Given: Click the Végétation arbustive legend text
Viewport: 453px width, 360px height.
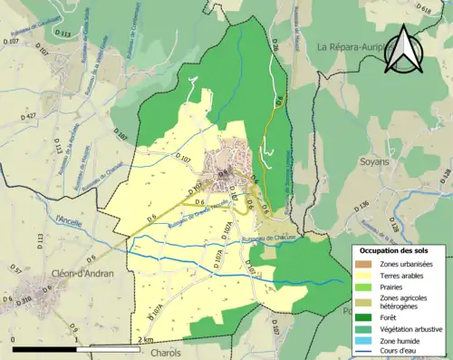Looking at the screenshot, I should (x=411, y=330).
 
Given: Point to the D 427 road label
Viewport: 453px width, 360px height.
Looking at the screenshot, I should (x=29, y=117).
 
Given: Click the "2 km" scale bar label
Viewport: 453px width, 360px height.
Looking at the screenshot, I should (x=146, y=339).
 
